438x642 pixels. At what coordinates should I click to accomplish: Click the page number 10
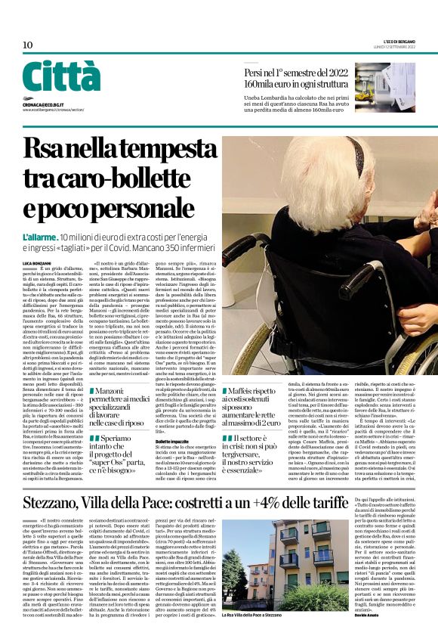click(27, 45)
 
